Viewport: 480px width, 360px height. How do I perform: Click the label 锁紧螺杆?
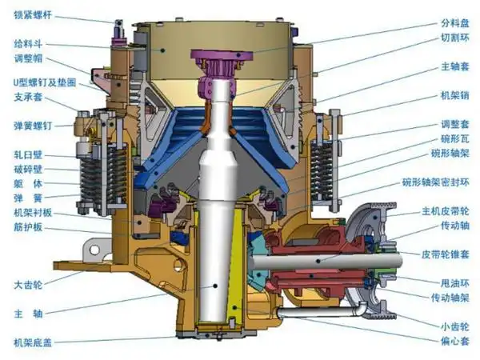pos(33,14)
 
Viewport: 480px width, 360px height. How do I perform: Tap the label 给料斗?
pos(28,44)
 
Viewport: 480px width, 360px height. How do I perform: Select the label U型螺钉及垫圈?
pos(45,82)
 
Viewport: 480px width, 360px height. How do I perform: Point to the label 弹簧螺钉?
pos(33,126)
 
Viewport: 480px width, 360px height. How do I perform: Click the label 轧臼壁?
pos(28,155)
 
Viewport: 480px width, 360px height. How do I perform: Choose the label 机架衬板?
pos(33,213)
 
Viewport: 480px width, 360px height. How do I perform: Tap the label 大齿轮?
pos(28,285)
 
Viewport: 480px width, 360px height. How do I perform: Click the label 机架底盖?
pos(33,342)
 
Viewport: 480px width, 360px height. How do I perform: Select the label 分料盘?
pos(455,23)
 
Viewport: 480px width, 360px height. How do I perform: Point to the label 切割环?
pos(455,38)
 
